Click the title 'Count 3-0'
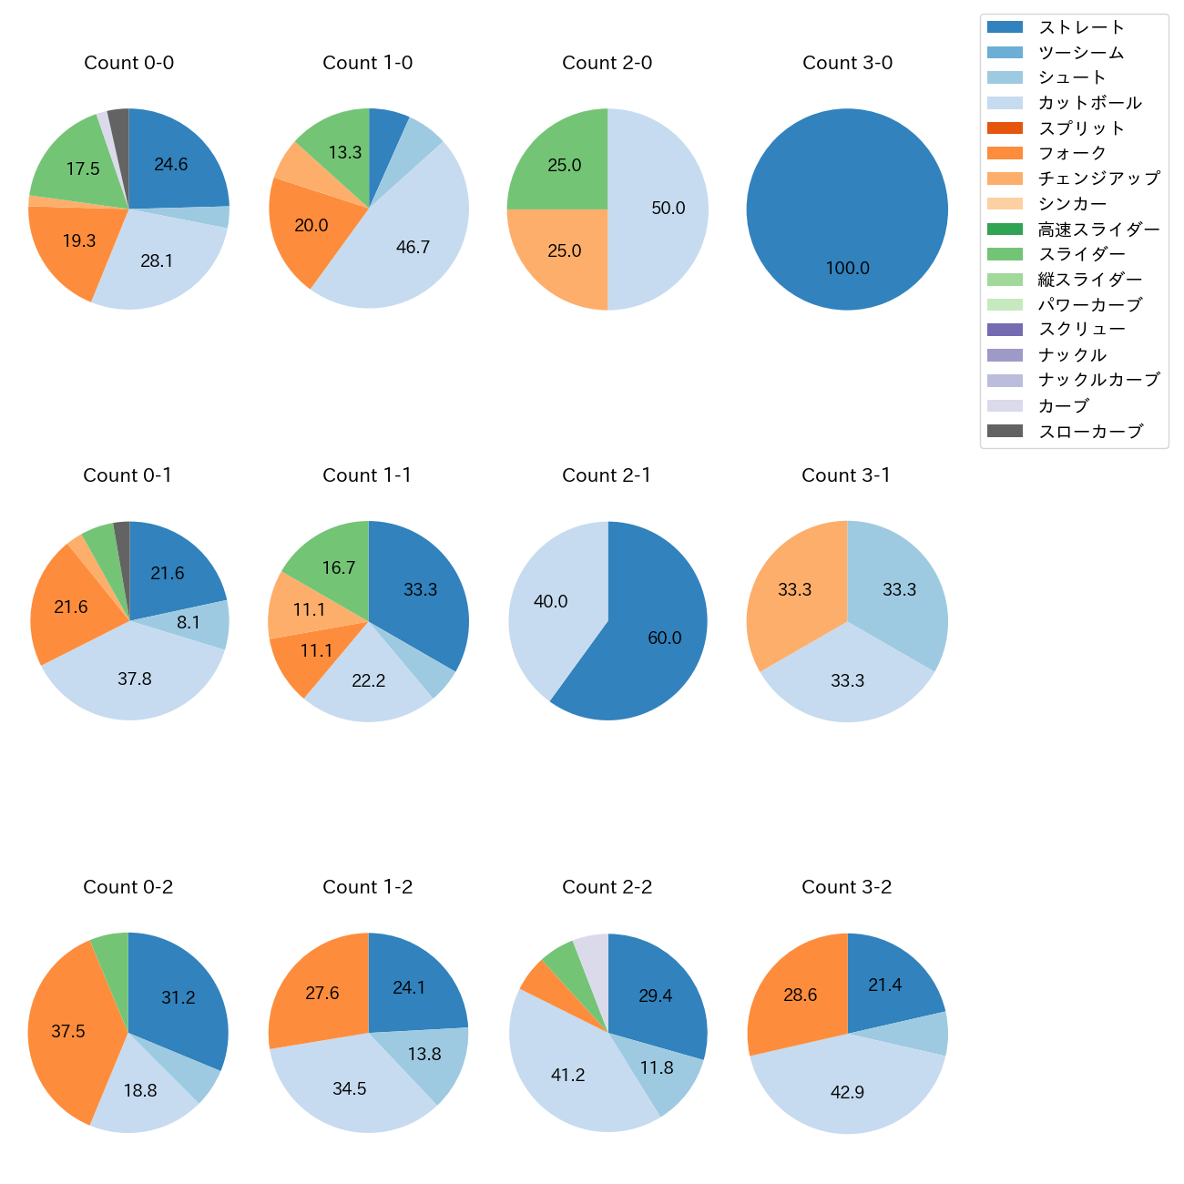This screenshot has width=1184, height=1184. [x=847, y=63]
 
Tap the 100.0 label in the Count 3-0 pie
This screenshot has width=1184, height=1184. [x=847, y=269]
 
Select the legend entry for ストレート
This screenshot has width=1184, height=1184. [x=1081, y=27]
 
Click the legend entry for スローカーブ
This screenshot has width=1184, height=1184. [x=1090, y=432]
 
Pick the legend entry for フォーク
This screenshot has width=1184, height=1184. [x=1072, y=153]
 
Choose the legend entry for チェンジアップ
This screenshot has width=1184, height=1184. [x=1098, y=179]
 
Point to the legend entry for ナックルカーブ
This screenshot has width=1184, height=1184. [x=1098, y=381]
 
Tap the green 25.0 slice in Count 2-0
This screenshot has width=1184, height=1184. [x=565, y=166]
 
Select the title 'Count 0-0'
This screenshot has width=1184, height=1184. [x=128, y=63]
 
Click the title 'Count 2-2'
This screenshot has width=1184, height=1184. [x=607, y=887]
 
